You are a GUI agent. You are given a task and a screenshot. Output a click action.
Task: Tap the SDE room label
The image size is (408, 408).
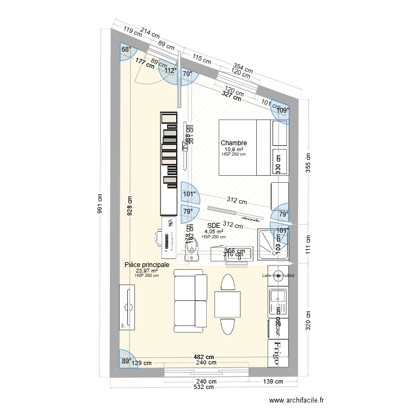(x=213, y=225)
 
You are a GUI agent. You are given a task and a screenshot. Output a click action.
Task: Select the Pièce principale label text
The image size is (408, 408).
(x=147, y=264)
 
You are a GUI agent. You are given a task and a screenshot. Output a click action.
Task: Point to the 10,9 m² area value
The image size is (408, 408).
(x=234, y=149)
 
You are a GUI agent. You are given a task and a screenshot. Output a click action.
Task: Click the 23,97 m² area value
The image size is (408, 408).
(x=147, y=270)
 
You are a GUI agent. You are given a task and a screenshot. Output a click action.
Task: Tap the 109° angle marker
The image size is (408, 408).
(x=283, y=110)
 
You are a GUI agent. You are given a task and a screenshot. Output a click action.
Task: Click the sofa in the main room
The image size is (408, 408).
(x=190, y=300)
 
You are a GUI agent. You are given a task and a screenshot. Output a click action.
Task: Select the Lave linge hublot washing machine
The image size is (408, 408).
(x=278, y=276)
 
